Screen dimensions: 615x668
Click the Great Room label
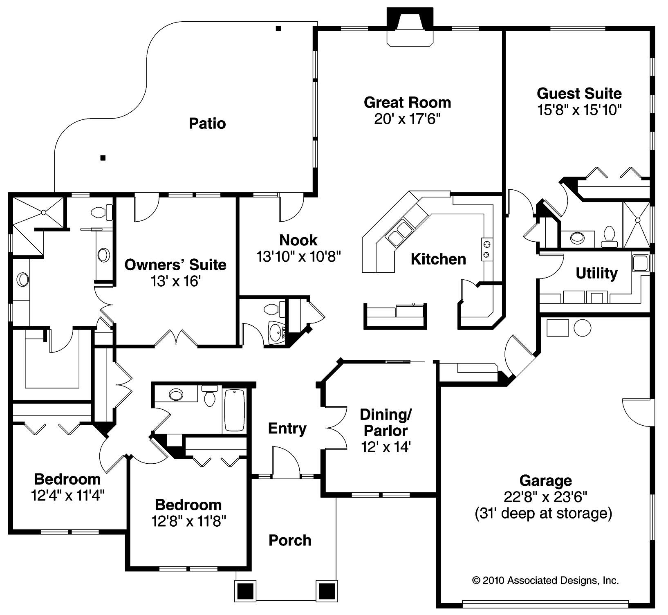407,102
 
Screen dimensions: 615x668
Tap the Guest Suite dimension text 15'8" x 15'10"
579,110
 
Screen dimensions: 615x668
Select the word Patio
207,123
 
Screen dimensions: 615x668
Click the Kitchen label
438,259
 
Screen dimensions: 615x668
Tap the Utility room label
596,273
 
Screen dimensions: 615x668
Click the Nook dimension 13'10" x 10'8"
298,256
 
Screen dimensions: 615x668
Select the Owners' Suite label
175,265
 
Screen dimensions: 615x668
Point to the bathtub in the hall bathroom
235,410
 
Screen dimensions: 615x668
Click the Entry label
287,429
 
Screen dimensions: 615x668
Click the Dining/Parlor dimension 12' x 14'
386,447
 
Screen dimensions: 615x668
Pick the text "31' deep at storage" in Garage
543,513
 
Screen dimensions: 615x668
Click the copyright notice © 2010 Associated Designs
545,580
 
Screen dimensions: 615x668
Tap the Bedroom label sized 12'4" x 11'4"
67,479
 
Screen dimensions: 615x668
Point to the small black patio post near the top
278,29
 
